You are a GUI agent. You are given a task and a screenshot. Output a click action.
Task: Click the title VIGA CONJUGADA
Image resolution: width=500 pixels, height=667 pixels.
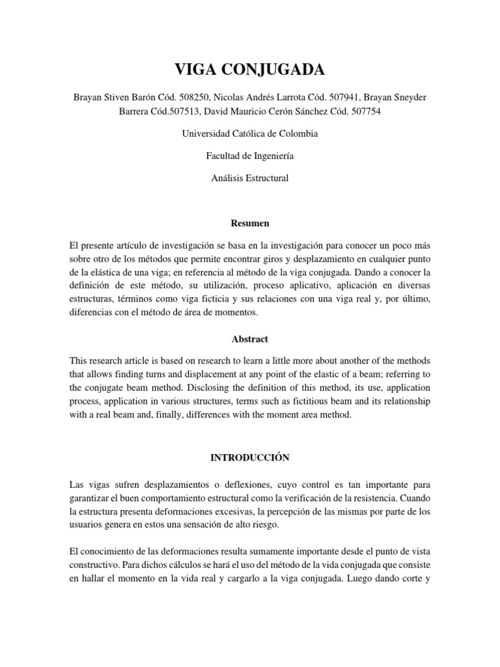249,70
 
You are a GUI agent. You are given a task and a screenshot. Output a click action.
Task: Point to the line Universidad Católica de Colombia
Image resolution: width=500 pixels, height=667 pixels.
250,134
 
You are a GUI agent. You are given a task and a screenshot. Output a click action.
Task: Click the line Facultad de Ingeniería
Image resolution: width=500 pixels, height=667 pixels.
250,156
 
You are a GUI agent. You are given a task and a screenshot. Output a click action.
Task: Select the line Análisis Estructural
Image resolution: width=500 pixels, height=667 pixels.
250,177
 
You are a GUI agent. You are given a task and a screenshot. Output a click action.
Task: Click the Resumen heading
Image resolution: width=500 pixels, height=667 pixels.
250,223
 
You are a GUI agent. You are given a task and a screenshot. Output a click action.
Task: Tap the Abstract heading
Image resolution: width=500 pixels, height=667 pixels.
250,339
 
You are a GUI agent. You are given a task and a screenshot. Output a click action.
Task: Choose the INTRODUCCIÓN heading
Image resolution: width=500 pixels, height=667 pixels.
250,458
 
